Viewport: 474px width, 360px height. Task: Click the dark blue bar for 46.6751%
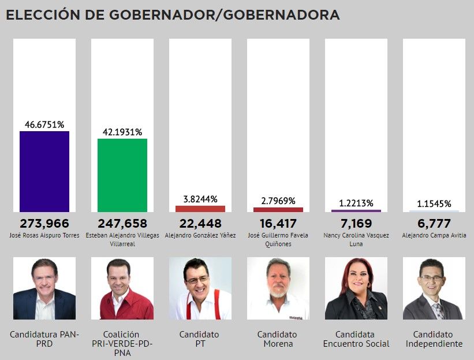[44, 172]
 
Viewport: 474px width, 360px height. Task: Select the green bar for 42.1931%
[122, 176]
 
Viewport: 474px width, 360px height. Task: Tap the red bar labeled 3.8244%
[200, 209]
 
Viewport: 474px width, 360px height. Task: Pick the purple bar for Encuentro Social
[356, 211]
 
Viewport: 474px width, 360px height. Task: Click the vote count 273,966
[44, 224]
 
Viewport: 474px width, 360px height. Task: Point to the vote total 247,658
[122, 224]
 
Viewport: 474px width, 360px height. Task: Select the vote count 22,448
[200, 224]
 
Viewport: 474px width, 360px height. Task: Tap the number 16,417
[278, 224]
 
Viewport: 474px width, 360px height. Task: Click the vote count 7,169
[356, 224]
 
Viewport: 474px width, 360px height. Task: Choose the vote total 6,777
[434, 224]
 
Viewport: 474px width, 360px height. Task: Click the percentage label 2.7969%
[278, 201]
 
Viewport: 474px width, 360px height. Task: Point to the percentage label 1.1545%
[434, 204]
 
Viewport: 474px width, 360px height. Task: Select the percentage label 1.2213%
[356, 203]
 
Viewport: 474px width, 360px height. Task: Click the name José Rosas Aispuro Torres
[44, 236]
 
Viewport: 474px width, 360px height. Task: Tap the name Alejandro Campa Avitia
[434, 236]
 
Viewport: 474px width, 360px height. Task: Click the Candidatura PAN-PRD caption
[44, 339]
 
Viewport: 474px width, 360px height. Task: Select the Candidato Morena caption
[278, 339]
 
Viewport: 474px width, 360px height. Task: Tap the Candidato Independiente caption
[434, 339]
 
